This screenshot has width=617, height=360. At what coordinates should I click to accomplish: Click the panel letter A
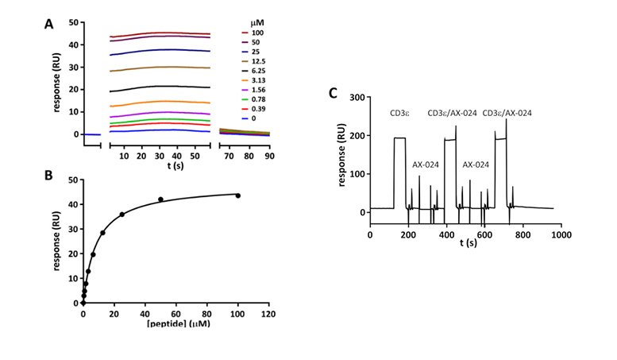[49, 25]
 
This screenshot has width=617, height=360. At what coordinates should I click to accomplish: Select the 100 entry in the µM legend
[257, 33]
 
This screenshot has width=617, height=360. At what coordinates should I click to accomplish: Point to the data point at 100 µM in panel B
[237, 195]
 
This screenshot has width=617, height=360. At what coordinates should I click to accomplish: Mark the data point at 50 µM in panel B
[160, 199]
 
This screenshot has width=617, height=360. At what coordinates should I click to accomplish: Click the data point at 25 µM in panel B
[121, 215]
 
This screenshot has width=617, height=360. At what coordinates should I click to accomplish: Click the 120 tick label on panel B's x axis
[268, 314]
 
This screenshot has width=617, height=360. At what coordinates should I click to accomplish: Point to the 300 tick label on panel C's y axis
[355, 98]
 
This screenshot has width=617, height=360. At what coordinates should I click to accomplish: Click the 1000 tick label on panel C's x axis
[561, 236]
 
